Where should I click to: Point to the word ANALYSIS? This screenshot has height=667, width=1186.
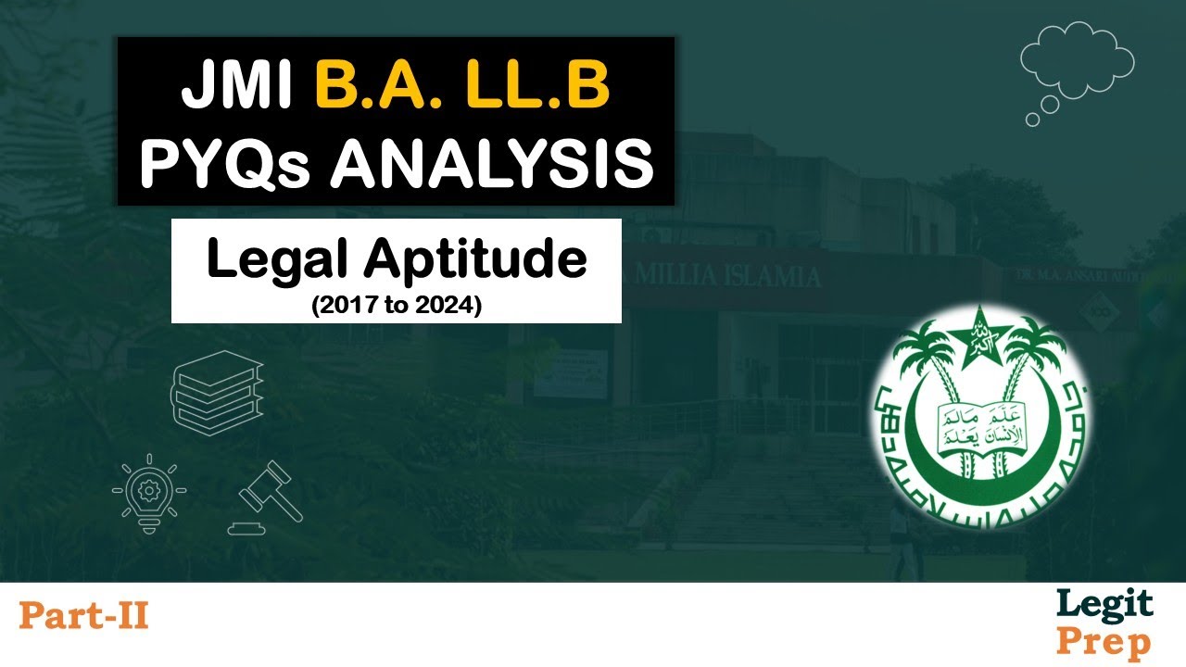click(492, 163)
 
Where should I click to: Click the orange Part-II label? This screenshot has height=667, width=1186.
click(83, 615)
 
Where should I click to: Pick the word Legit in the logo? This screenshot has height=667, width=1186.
click(1104, 605)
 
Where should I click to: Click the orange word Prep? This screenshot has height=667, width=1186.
click(1104, 641)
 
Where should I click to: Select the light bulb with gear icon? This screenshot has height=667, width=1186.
click(148, 491)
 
